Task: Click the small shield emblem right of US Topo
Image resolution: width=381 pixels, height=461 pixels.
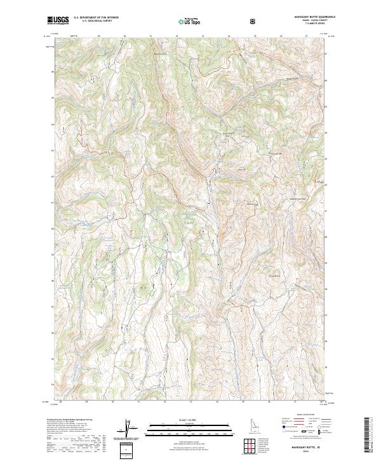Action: coord(218,20)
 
